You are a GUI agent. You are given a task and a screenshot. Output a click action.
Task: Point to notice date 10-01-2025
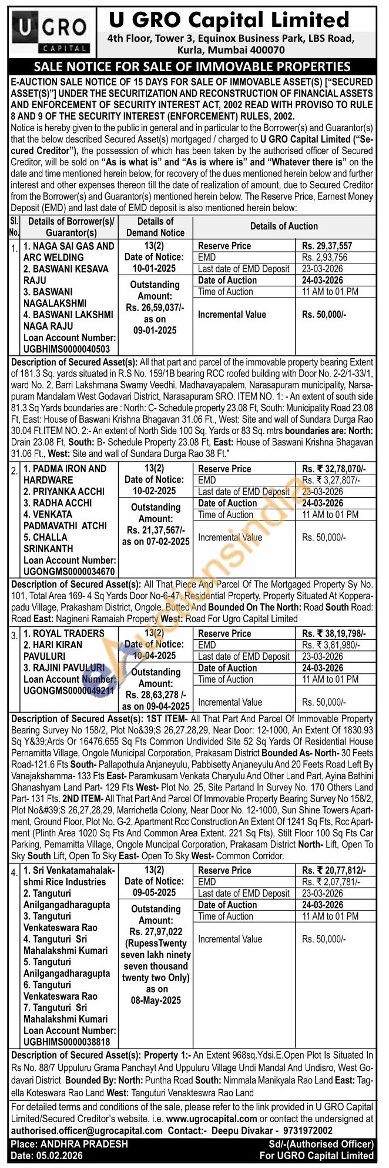click(154, 268)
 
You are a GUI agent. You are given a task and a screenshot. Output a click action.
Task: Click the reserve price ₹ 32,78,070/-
click(334, 469)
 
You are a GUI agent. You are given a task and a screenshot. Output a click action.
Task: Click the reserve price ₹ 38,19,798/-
click(334, 633)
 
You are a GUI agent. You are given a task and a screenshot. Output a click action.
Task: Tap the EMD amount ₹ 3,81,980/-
click(330, 645)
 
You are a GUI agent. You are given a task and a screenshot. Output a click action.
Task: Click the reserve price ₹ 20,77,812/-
click(334, 870)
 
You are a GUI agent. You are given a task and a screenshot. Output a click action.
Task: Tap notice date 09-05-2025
click(154, 893)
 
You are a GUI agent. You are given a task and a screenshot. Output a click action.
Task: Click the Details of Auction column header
click(284, 226)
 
